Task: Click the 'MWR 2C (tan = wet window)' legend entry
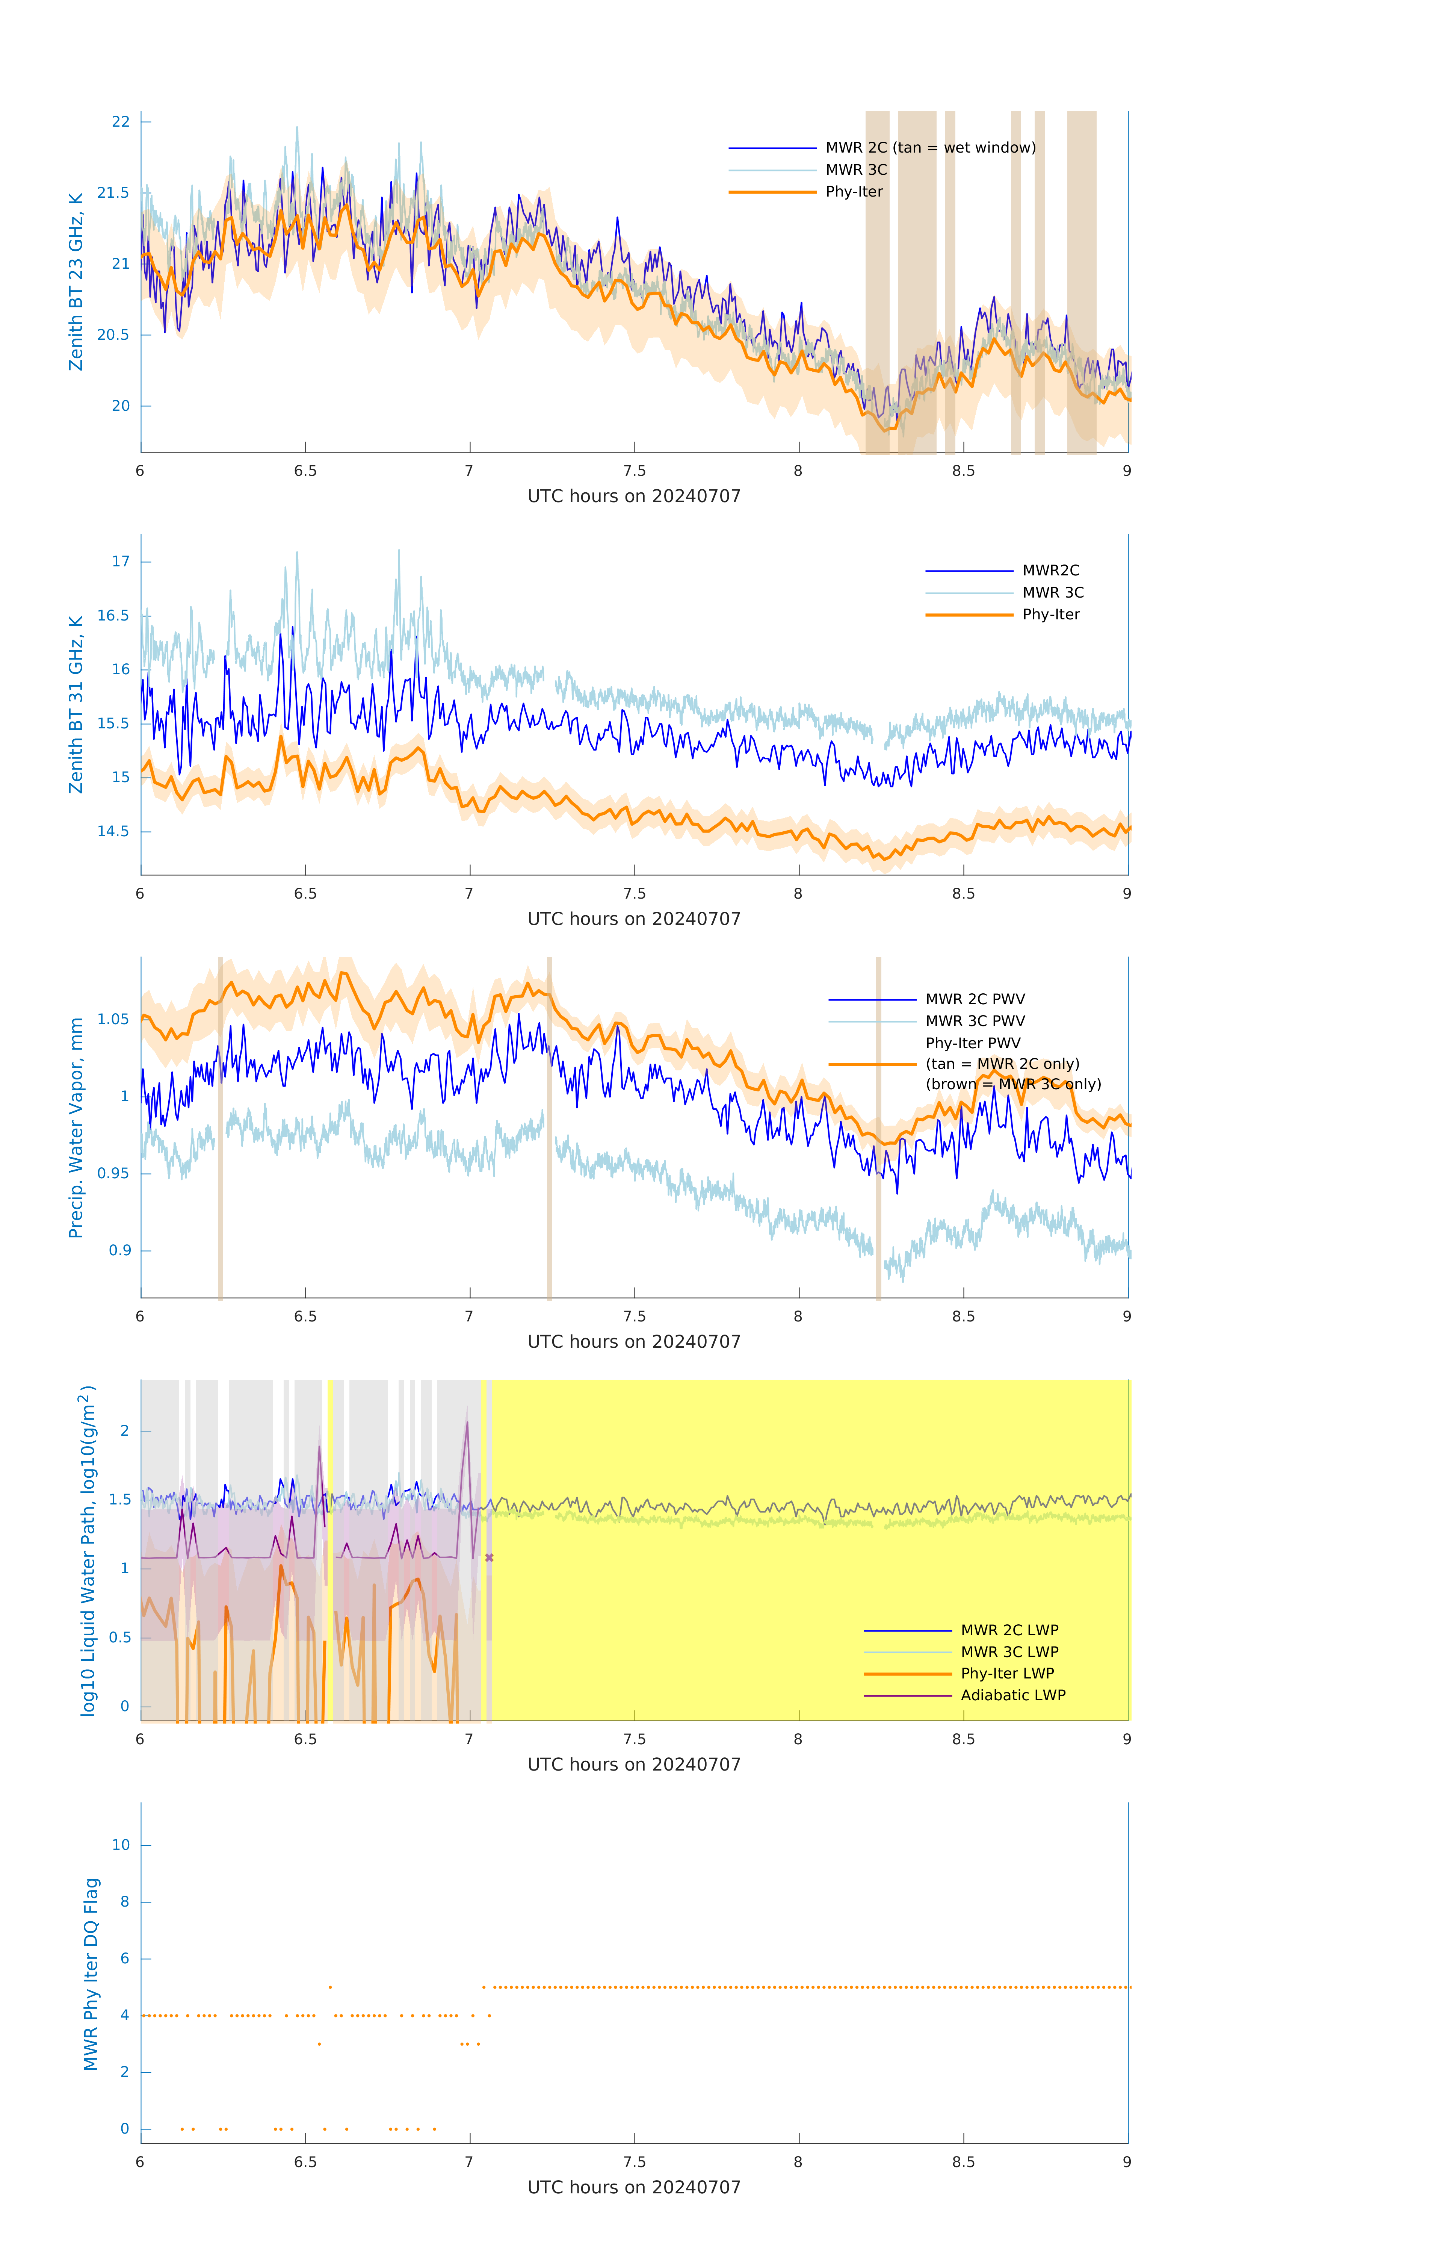pos(929,148)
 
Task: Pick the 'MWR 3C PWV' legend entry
pos(975,1021)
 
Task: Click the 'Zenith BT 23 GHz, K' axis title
pos(76,282)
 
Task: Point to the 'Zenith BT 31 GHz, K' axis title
pos(76,704)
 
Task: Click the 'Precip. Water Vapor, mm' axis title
pos(76,1127)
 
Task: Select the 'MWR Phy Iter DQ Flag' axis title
pos(91,1973)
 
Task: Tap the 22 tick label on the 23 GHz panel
pos(121,122)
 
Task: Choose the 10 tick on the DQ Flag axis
pos(121,1845)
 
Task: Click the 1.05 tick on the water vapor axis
pos(113,1019)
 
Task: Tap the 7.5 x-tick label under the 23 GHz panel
pos(634,471)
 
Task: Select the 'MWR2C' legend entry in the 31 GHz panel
pos(1050,570)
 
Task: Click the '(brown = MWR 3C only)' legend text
pos(1013,1084)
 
